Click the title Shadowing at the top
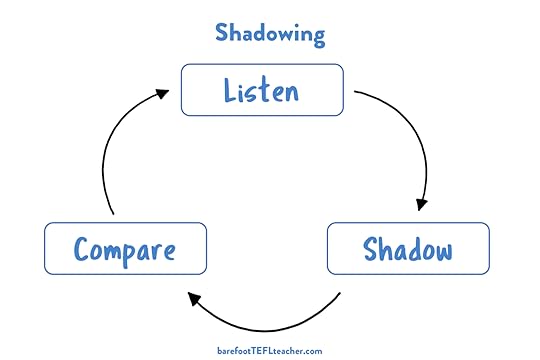pyautogui.click(x=270, y=32)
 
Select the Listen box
pyautogui.click(x=262, y=90)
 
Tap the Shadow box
pyautogui.click(x=408, y=248)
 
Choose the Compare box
pyautogui.click(x=125, y=248)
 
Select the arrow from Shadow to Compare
pyautogui.click(x=270, y=322)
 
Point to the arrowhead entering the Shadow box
pyautogui.click(x=422, y=203)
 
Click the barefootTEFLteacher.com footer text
pyautogui.click(x=269, y=351)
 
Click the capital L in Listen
pyautogui.click(x=231, y=91)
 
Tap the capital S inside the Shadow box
pyautogui.click(x=370, y=248)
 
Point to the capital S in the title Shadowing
pyautogui.click(x=223, y=32)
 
